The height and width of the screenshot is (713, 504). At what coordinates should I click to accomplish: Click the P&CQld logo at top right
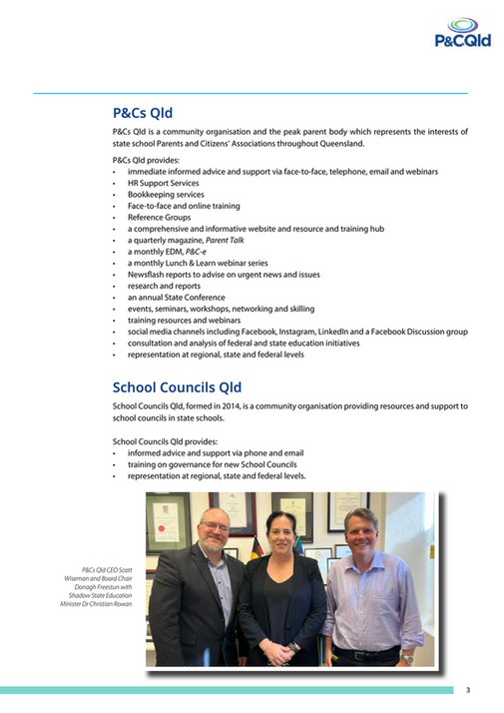click(462, 32)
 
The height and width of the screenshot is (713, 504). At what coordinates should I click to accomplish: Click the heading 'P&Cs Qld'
click(143, 114)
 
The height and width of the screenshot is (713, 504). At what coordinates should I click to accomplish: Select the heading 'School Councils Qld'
click(177, 387)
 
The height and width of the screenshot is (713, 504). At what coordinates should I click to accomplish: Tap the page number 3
click(467, 690)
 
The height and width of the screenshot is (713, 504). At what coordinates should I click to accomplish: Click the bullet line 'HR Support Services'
click(163, 183)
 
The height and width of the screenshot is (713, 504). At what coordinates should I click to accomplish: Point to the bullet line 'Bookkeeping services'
click(165, 195)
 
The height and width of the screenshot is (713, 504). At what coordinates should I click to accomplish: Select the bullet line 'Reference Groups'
click(159, 217)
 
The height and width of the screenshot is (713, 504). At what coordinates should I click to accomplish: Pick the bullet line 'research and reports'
click(165, 286)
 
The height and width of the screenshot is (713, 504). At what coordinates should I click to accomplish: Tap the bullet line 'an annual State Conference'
click(176, 297)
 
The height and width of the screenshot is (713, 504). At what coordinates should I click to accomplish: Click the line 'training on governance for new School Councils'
click(212, 464)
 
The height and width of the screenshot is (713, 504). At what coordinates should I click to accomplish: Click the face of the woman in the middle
click(280, 532)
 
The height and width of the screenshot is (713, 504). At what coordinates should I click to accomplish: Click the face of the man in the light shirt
click(360, 529)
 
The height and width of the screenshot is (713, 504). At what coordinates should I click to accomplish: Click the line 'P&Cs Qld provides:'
click(146, 160)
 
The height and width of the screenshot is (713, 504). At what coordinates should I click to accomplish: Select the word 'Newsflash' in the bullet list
click(147, 274)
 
